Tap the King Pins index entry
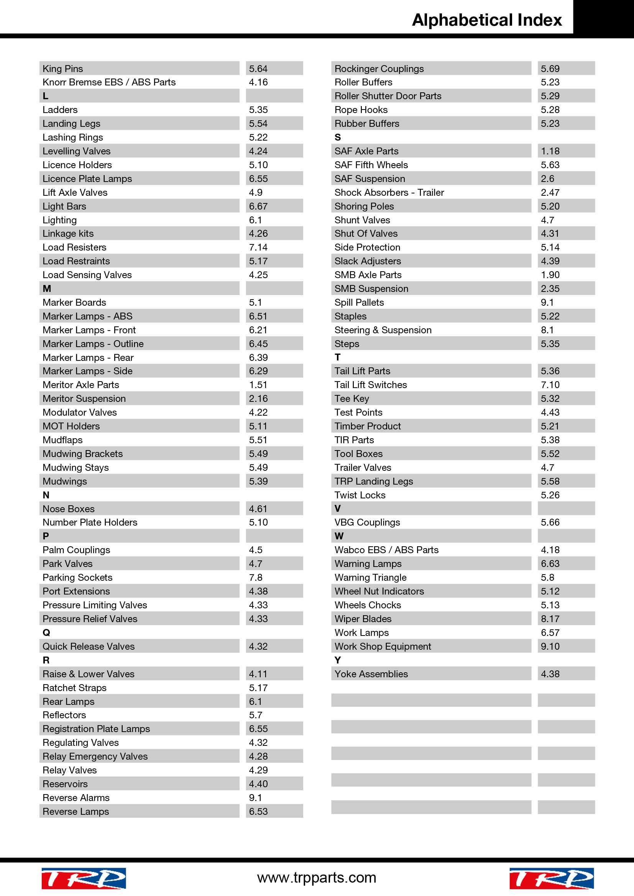(63, 69)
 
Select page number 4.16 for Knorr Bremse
(258, 82)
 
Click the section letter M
(47, 289)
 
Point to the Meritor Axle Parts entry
(81, 385)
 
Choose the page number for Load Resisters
(258, 247)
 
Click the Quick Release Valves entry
(89, 646)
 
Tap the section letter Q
(46, 632)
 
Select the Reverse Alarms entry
(76, 798)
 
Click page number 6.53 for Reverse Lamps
(258, 811)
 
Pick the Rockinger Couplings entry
(379, 69)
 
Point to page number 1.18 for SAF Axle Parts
(550, 151)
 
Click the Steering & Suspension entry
(383, 330)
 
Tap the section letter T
(338, 357)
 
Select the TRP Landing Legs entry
(373, 481)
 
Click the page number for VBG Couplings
(550, 522)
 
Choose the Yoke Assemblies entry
(371, 674)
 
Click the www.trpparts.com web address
(317, 878)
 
